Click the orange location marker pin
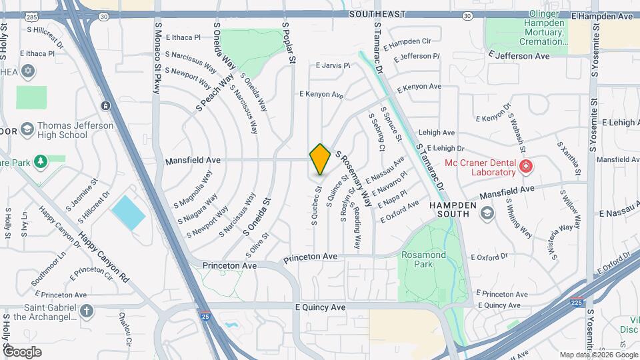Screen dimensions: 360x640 tap(320, 159)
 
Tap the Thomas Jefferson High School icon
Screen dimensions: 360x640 tap(27, 129)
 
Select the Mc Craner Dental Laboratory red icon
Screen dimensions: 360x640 tap(526, 166)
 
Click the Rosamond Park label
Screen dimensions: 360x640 tap(417, 259)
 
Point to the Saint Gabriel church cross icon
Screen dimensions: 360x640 tap(87, 311)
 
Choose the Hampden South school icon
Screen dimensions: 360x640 tap(487, 213)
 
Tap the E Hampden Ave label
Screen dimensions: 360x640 tap(601, 15)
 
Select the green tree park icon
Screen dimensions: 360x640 tap(39, 161)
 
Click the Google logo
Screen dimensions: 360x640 tap(22, 351)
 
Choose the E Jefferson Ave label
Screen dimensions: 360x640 tap(519, 56)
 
